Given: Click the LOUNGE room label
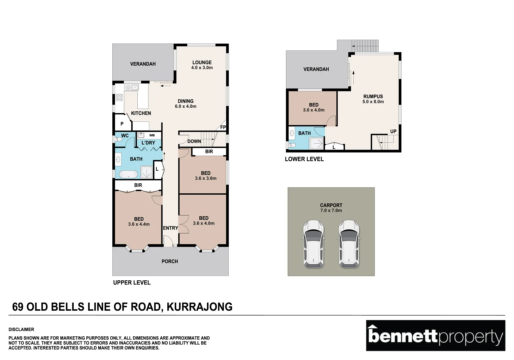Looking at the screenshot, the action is (202, 62).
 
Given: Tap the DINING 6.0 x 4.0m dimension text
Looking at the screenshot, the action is (185, 106).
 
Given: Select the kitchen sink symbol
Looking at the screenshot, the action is (131, 87).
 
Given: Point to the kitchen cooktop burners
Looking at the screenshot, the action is (119, 97).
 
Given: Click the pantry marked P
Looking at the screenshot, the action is (122, 124).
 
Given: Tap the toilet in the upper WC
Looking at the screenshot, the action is (118, 139).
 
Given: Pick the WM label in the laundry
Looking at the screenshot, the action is (152, 135).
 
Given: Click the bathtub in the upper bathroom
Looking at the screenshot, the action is (128, 174).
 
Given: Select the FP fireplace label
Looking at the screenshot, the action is (223, 127).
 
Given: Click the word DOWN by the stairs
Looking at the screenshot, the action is (194, 141).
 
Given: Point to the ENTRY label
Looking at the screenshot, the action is (170, 228).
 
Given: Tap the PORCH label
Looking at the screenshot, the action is (170, 261).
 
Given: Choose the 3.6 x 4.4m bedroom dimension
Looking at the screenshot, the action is (139, 224).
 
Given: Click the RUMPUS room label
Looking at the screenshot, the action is (373, 97).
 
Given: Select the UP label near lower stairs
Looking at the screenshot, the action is (393, 131).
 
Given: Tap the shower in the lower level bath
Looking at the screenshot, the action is (316, 143).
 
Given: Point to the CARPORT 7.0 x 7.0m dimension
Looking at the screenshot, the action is (331, 210).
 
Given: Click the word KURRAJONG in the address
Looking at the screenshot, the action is (199, 307).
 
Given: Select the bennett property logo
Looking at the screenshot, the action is (436, 335).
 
